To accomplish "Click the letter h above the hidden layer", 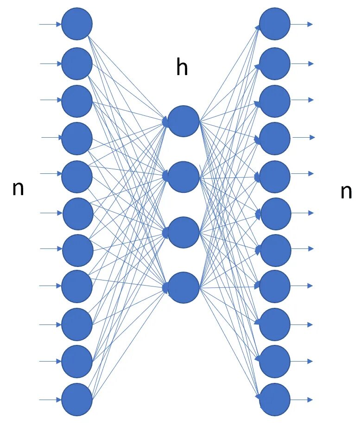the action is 182,68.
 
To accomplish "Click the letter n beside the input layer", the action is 18,189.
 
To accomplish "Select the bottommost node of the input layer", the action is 77,399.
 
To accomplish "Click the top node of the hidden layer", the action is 183,121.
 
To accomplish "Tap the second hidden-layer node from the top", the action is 183,177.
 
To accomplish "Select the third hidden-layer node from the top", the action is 183,232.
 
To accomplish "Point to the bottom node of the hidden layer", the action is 183,287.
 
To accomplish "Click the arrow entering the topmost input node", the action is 50,24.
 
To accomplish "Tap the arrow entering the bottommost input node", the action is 50,400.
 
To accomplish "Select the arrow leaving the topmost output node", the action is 302,24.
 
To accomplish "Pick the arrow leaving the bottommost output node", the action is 302,400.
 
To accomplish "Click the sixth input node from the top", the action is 78,213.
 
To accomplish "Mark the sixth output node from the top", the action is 275,213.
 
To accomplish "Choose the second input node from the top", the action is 77,64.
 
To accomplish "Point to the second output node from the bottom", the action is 275,362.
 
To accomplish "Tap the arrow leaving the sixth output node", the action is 303,213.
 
